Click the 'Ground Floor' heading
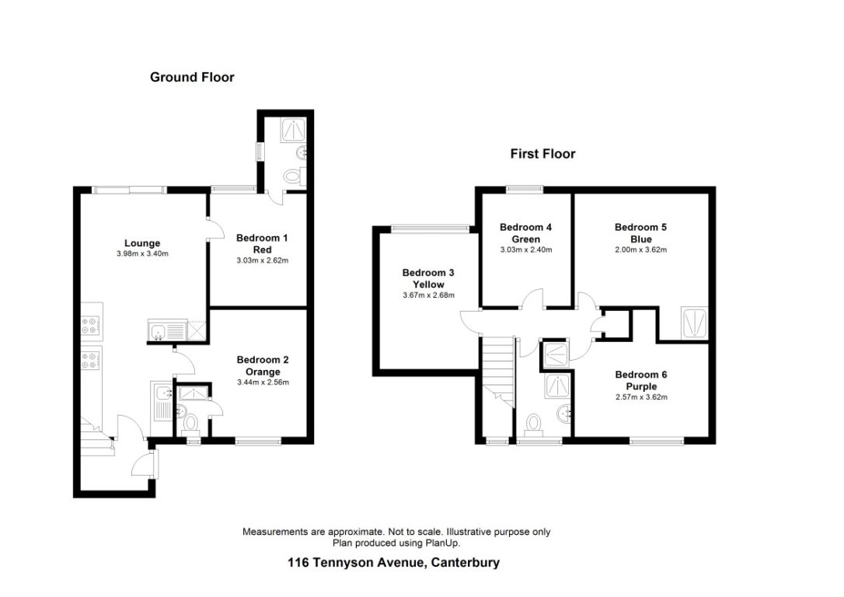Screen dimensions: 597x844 (x=192, y=77)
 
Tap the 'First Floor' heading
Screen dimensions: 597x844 (x=542, y=154)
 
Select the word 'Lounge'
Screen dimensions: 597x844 (x=141, y=243)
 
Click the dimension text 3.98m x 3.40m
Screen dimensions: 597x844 (x=141, y=253)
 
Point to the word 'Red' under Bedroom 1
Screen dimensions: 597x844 (x=262, y=249)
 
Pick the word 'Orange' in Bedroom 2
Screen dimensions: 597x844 (x=263, y=372)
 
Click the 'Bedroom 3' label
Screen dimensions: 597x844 (x=427, y=273)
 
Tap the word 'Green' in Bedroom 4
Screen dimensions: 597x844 (x=525, y=239)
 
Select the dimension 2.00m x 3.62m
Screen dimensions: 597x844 (x=640, y=250)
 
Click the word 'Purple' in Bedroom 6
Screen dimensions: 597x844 (x=641, y=386)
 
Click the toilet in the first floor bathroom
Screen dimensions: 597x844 (x=534, y=424)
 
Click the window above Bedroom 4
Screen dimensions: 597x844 (x=525, y=189)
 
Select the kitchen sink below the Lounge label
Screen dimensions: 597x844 (x=164, y=332)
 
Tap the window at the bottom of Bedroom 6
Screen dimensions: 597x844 (x=657, y=442)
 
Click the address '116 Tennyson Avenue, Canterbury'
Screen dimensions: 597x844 (x=393, y=563)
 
